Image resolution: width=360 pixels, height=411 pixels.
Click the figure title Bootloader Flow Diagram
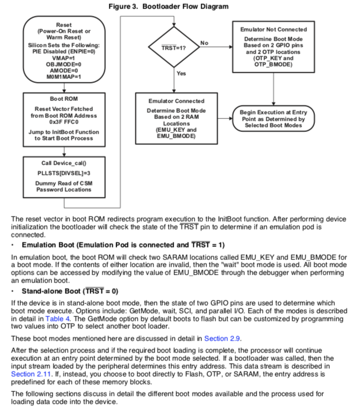[x=180, y=6]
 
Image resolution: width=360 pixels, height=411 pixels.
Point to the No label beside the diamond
[x=204, y=42]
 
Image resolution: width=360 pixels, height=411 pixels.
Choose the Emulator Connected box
[x=176, y=118]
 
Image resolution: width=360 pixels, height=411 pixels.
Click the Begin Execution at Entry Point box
[x=274, y=118]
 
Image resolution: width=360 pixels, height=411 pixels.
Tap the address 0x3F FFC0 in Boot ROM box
[x=64, y=122]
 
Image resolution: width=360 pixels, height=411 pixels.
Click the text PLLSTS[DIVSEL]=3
[x=64, y=173]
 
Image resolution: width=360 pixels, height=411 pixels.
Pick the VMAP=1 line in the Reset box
[x=64, y=57]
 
